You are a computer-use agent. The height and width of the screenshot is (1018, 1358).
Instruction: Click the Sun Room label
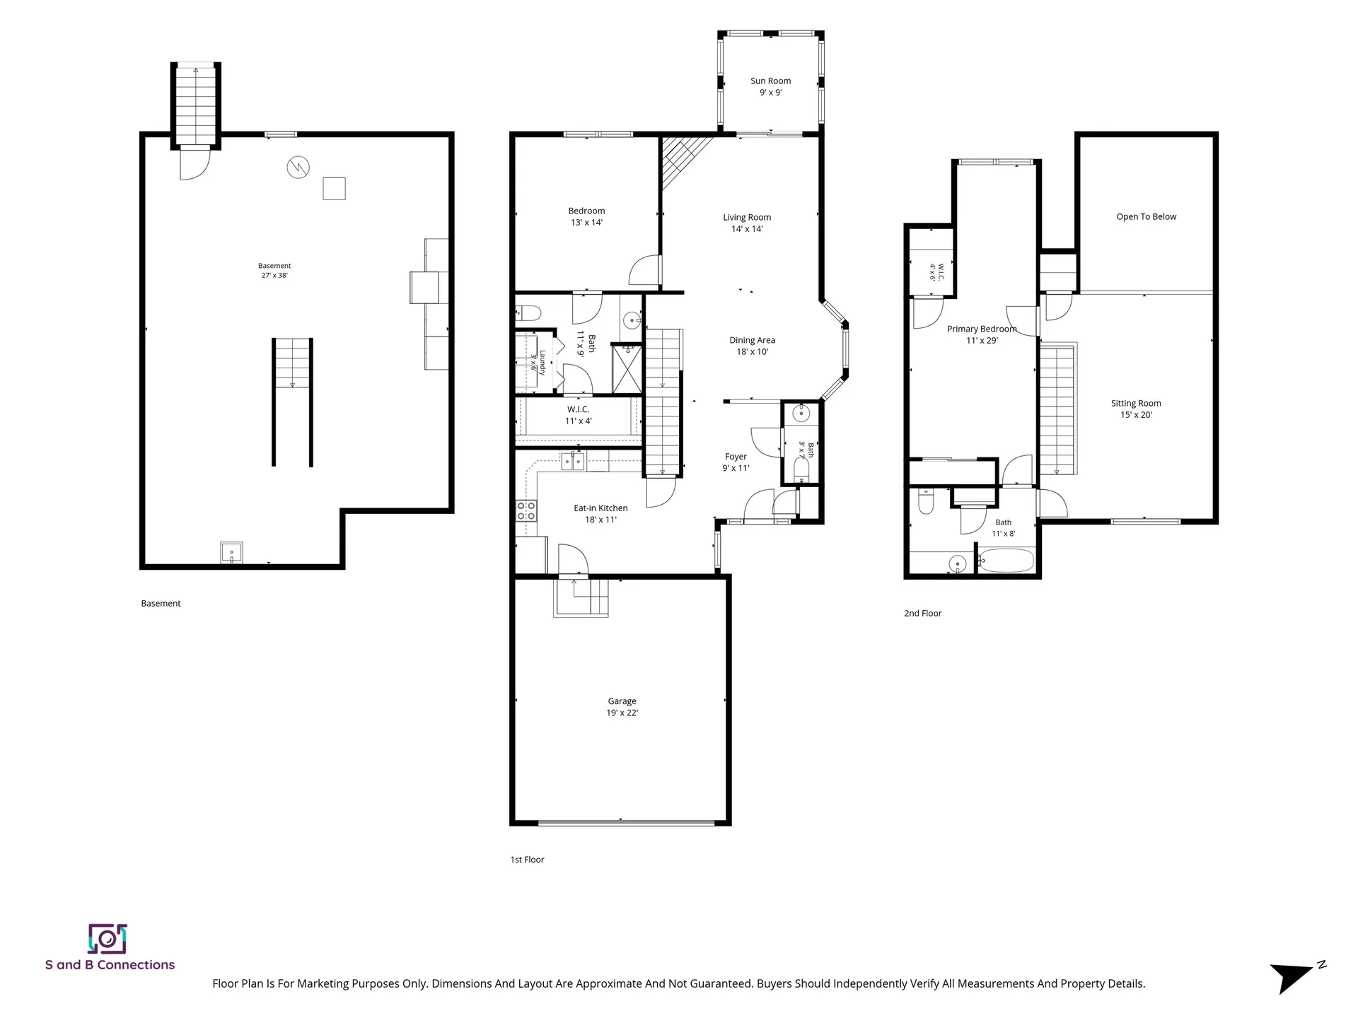tap(770, 86)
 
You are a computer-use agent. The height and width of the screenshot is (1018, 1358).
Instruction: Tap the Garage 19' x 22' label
tap(622, 707)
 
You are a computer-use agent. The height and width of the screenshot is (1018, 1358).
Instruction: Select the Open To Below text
tap(1146, 217)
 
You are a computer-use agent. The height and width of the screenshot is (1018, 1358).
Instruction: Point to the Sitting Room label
tap(1136, 409)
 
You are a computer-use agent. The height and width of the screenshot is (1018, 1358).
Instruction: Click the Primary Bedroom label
tap(982, 334)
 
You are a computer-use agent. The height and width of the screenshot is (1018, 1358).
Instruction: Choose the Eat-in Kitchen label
tap(600, 514)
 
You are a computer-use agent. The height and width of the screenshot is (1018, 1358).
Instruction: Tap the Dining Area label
tap(752, 346)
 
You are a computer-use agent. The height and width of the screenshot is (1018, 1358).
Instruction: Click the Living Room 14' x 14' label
tap(747, 223)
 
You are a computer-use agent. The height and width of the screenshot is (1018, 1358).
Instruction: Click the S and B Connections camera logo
tap(107, 939)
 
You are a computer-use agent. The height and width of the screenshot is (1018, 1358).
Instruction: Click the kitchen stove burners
tap(526, 510)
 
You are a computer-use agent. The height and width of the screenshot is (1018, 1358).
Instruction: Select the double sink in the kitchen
tap(572, 462)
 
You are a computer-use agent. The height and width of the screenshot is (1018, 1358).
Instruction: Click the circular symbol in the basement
tap(298, 168)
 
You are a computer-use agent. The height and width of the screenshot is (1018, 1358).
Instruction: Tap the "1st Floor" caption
tap(527, 860)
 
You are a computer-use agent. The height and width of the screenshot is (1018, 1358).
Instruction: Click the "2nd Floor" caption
tap(922, 614)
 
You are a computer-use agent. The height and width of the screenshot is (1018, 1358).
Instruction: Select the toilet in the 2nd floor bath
tap(926, 502)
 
